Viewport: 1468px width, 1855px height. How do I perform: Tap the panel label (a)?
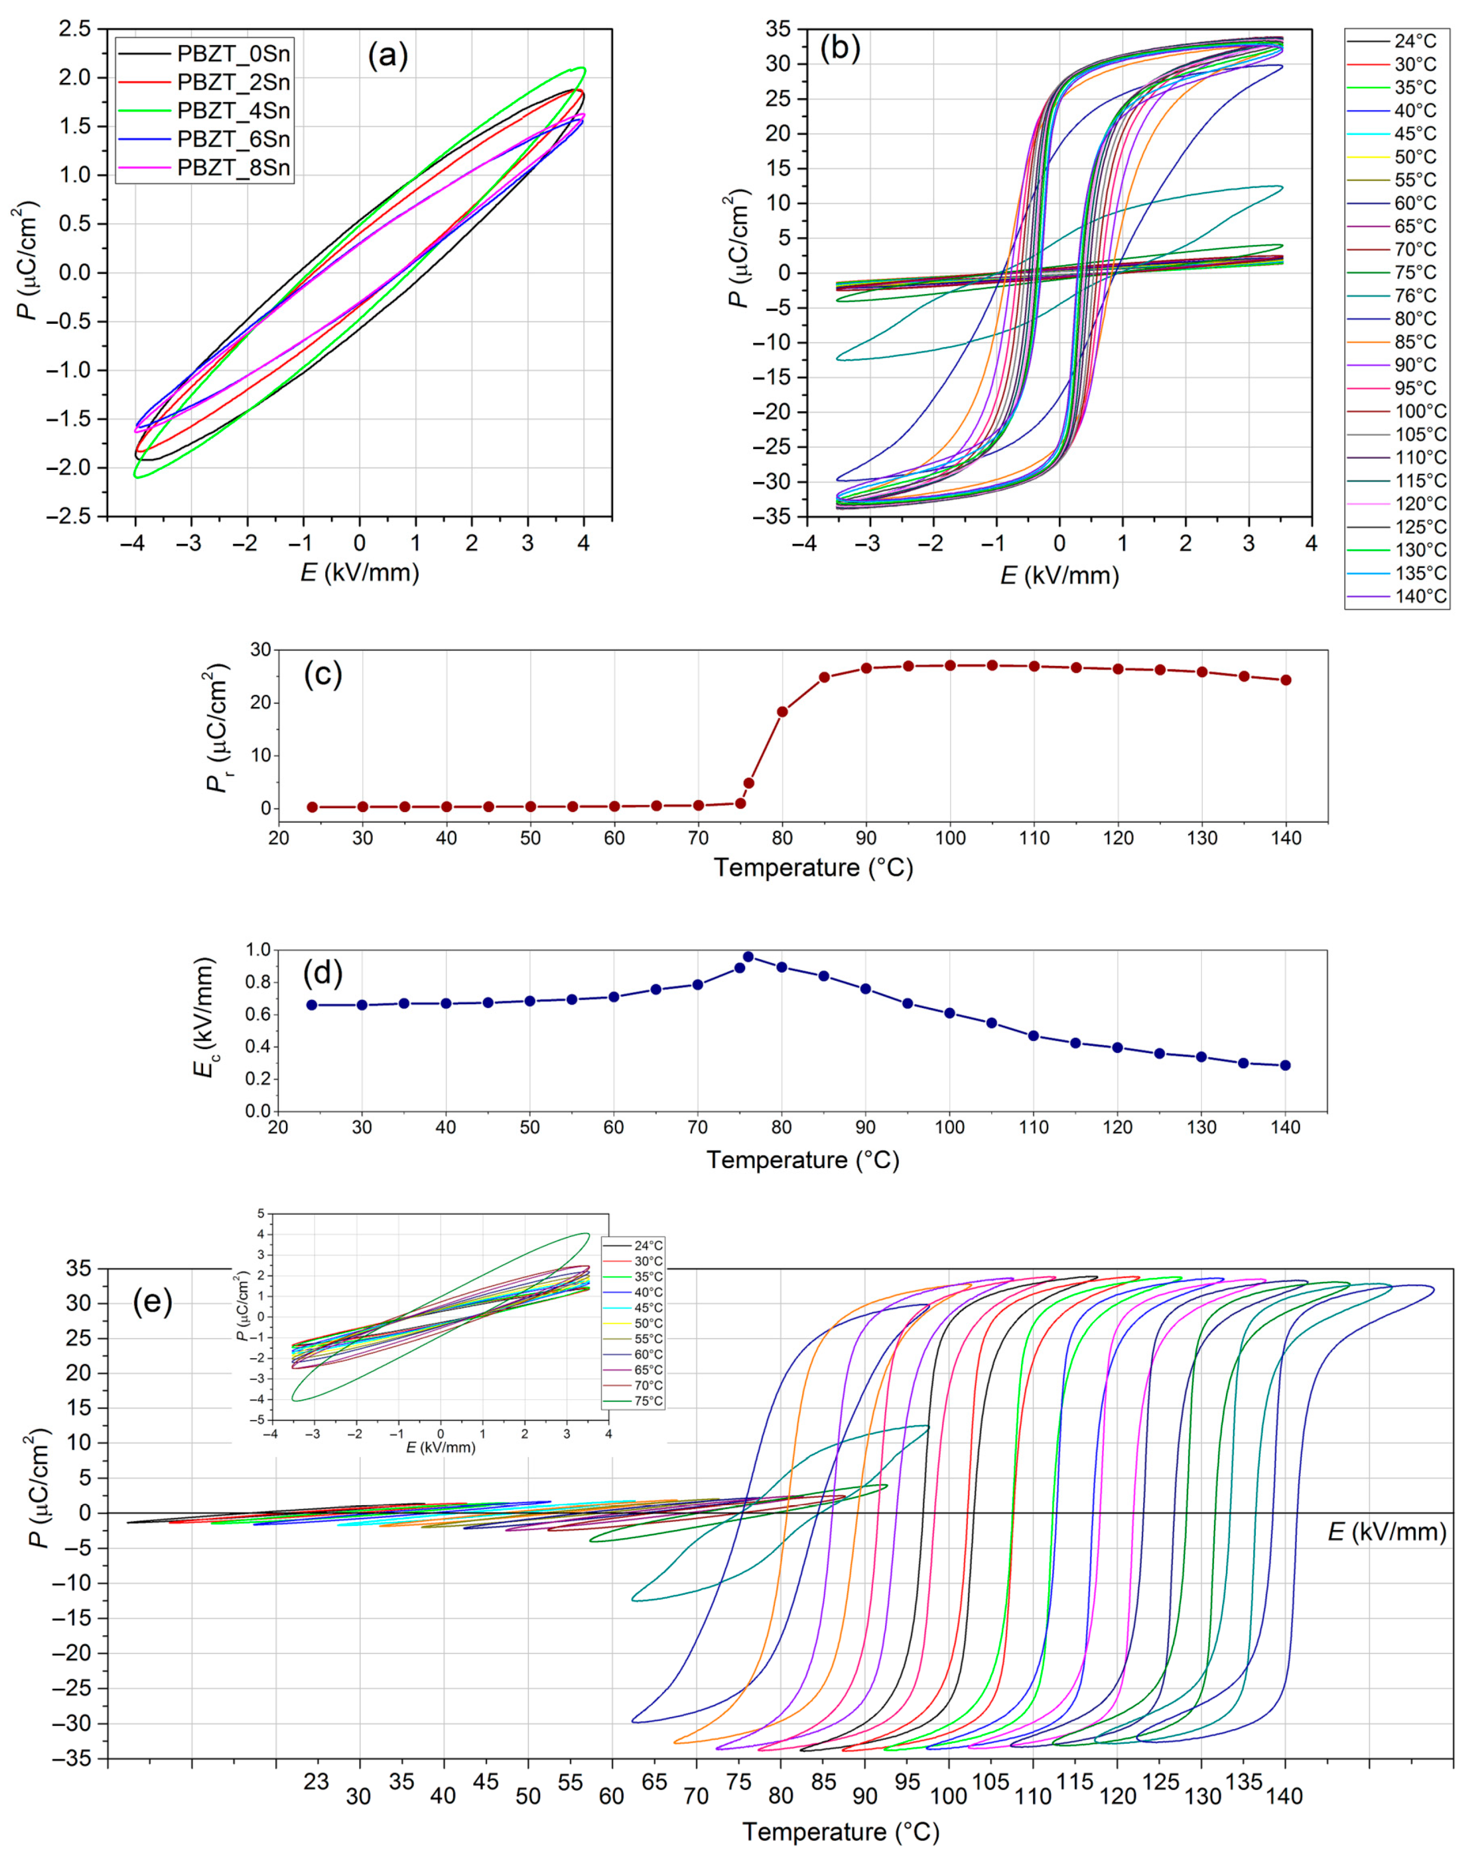[387, 56]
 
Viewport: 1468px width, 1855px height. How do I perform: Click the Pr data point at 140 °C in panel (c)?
[1286, 680]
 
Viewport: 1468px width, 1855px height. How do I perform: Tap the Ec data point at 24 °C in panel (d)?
[312, 1005]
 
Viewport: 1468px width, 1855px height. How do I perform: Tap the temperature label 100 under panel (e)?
[948, 1796]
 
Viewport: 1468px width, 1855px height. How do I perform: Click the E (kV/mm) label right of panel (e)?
[1386, 1533]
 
